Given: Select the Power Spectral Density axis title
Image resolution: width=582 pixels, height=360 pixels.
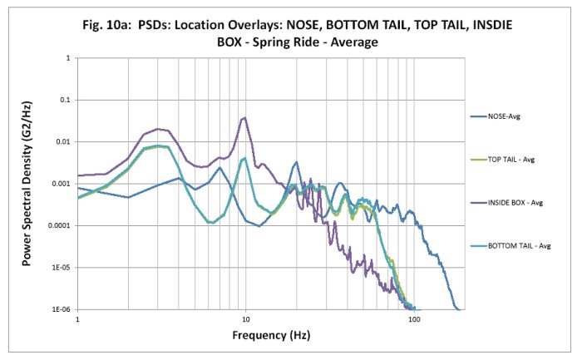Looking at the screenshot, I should click(27, 184).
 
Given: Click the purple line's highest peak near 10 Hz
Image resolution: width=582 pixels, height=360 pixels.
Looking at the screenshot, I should click(244, 118).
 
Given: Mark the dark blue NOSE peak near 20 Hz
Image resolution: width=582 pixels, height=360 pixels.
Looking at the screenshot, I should click(295, 163).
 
